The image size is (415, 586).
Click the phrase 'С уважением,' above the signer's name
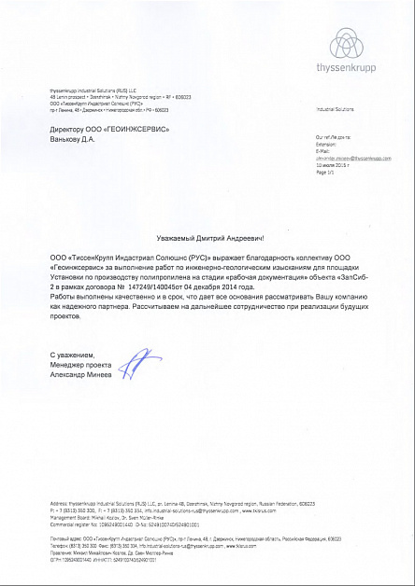[71, 356]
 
